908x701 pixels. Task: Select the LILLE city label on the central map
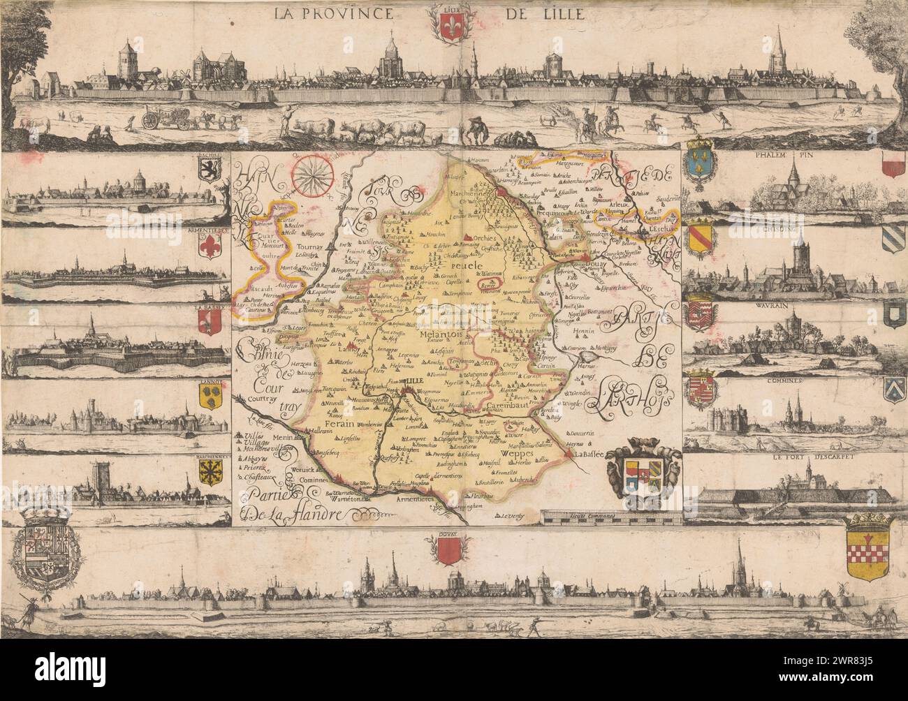coord(418,381)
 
